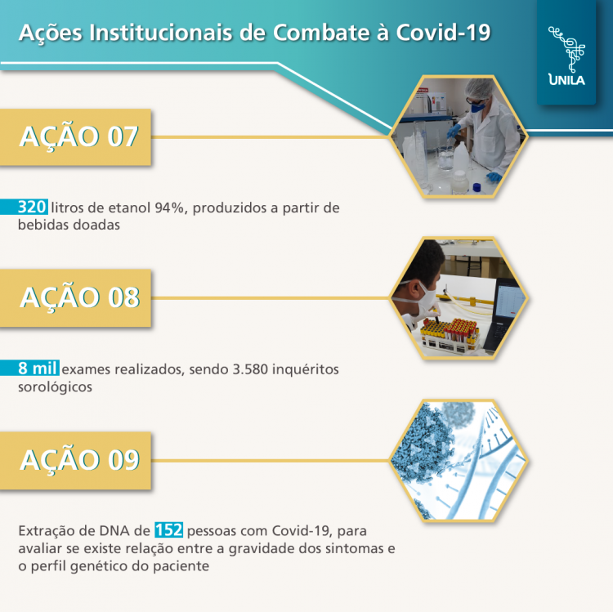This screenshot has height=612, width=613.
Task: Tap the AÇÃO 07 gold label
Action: pos(79,137)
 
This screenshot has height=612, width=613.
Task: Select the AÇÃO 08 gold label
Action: pos(79,297)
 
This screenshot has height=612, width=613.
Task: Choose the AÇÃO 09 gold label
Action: pos(79,460)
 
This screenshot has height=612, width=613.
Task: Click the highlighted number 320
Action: pos(32,207)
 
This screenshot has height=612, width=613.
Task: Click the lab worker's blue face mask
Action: pos(477,105)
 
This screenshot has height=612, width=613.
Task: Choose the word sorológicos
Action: pos(55,387)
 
